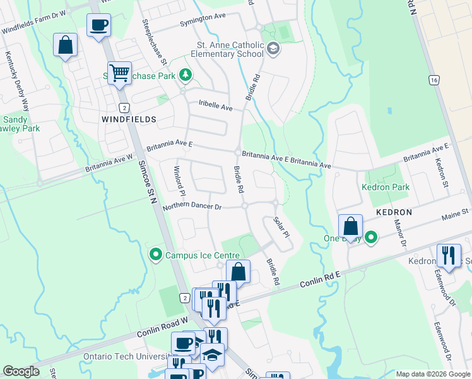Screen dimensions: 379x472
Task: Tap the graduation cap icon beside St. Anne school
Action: (273, 49)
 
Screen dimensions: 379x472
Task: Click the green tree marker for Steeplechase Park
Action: (186, 76)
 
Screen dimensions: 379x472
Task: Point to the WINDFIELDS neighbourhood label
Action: (129, 119)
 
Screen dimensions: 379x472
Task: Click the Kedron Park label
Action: (386, 187)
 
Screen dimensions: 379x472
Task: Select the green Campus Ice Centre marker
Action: (155, 255)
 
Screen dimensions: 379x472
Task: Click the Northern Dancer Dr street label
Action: (192, 207)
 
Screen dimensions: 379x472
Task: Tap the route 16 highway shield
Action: (433, 80)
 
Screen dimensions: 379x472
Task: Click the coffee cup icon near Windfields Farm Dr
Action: (98, 26)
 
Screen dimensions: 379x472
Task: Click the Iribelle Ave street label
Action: (215, 105)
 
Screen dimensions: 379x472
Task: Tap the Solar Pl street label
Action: (281, 227)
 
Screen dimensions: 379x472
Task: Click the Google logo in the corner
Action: (21, 371)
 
